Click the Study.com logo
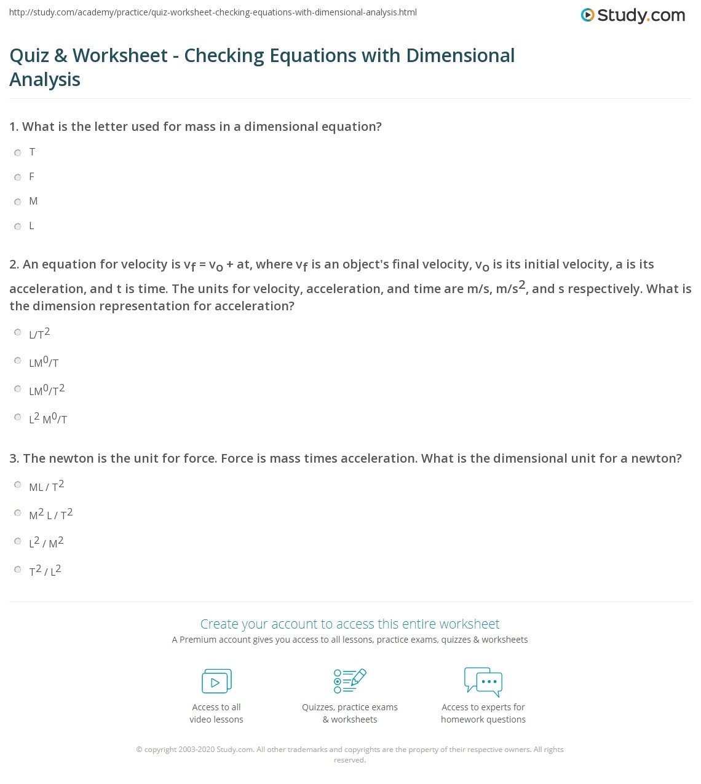click(633, 15)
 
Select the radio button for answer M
click(18, 202)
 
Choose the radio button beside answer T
click(18, 152)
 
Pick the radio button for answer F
click(18, 177)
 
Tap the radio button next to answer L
click(18, 226)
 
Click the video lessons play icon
click(216, 681)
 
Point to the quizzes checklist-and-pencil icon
click(350, 681)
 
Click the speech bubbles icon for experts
click(483, 681)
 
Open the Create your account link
click(350, 624)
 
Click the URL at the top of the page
click(213, 12)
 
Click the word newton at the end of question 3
click(659, 458)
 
